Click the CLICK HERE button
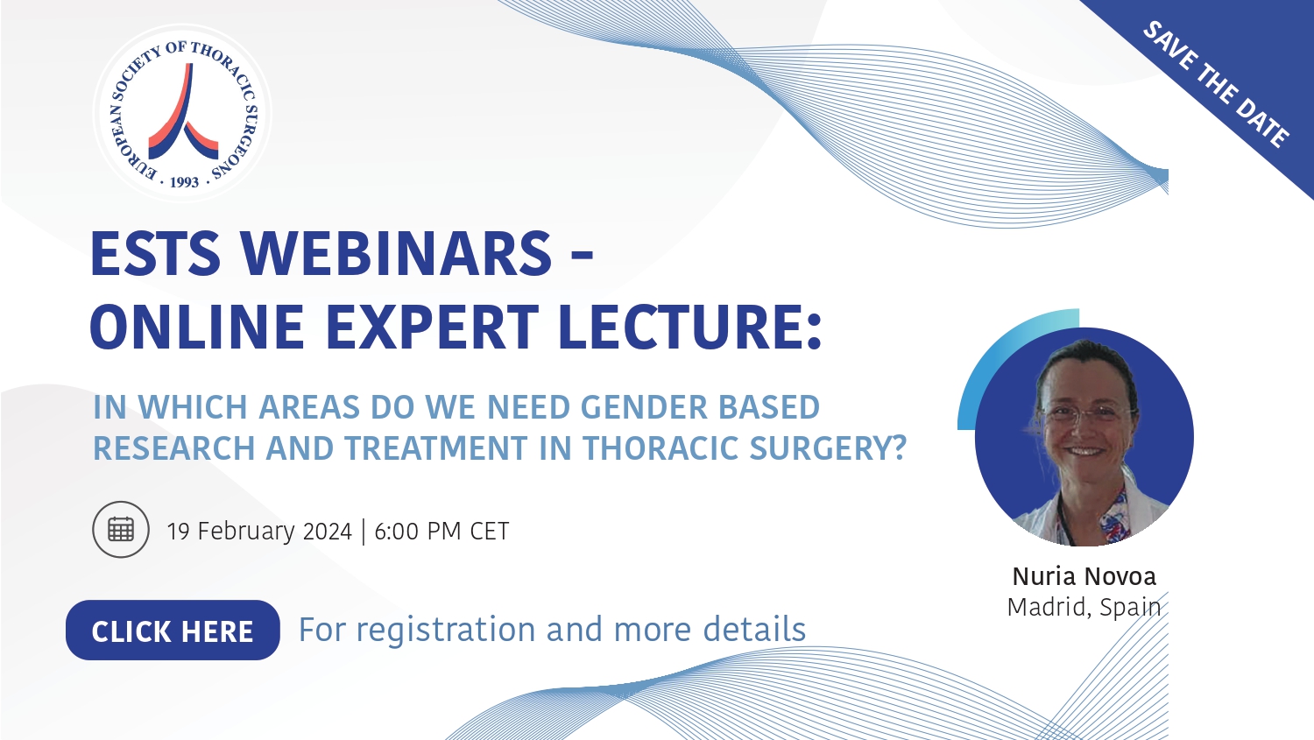click(173, 631)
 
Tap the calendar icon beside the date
click(121, 530)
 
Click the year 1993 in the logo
click(184, 182)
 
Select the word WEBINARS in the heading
click(397, 254)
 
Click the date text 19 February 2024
click(259, 532)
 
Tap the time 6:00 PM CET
click(442, 532)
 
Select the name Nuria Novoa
click(1084, 576)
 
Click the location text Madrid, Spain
click(1084, 608)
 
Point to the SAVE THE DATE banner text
click(1216, 84)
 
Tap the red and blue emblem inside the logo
click(184, 111)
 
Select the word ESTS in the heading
click(155, 254)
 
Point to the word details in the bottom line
click(754, 629)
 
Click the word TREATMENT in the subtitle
click(436, 448)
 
